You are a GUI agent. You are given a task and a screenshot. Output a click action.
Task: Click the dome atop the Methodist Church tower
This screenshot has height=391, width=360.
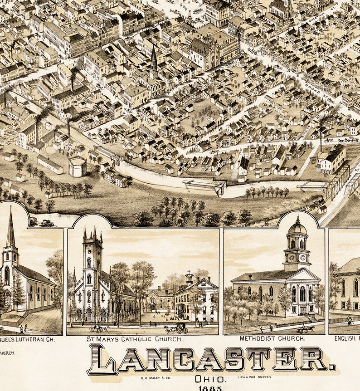[297, 227]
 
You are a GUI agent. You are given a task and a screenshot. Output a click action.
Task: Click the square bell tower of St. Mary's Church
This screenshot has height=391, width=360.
[92, 254]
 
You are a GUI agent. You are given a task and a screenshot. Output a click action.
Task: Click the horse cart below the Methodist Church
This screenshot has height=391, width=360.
[305, 329]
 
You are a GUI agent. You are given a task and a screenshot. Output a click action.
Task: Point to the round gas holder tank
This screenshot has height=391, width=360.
[78, 167]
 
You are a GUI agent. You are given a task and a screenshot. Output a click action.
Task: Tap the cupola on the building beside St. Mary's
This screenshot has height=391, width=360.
[189, 278]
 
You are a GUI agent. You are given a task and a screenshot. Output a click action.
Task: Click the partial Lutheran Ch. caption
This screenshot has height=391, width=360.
[27, 338]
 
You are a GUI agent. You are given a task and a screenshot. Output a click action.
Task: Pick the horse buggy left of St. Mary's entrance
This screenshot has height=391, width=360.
[98, 327]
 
